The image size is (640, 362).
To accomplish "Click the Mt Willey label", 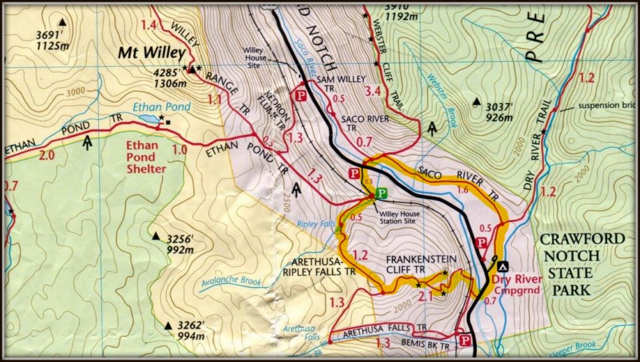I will coord(152,54).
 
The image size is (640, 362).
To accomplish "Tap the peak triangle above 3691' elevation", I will coord(61,22).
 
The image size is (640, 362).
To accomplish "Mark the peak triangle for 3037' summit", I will coord(477,102).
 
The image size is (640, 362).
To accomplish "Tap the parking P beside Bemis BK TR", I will coord(464,340).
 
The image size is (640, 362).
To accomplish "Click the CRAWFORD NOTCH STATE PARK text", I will coord(582,264).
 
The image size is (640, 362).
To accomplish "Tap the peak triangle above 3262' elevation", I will coord(167,325).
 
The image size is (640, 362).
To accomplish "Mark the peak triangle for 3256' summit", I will coord(156,236).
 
